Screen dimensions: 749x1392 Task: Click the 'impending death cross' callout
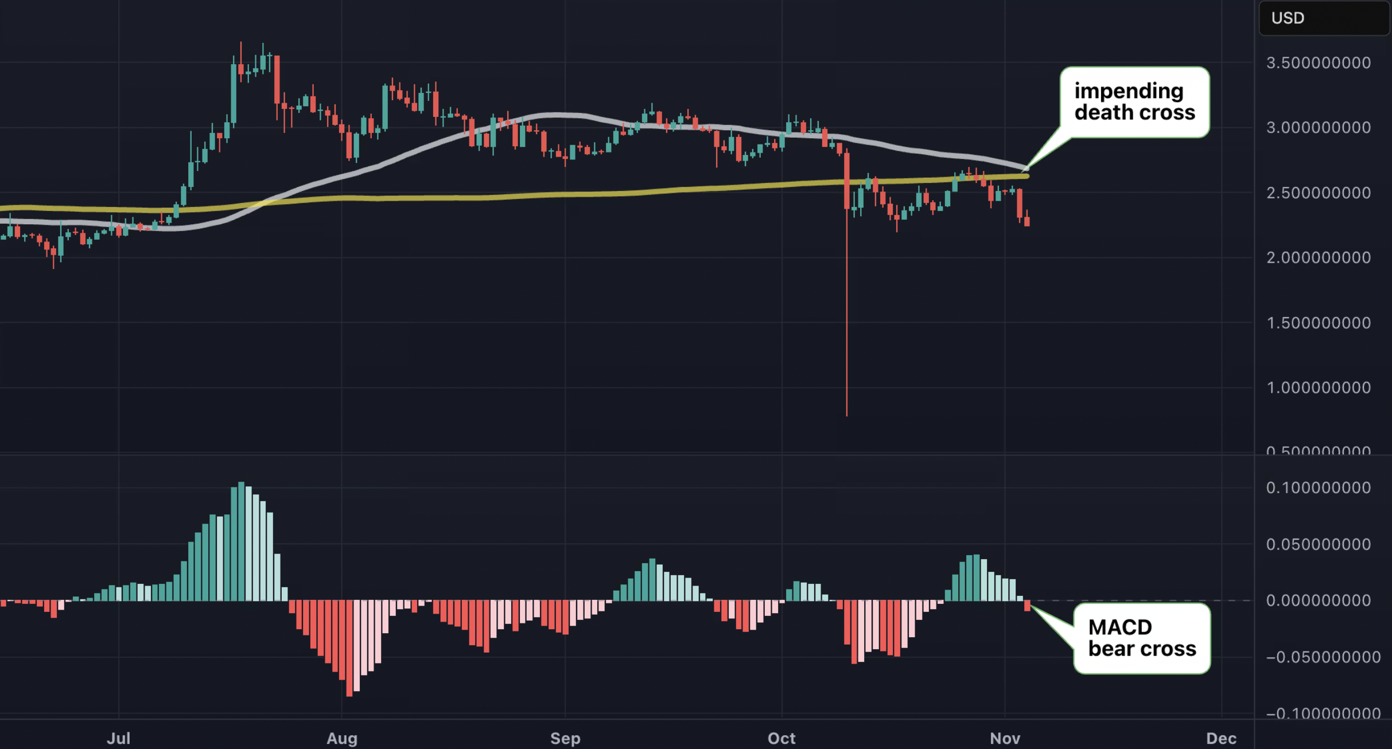coord(1134,102)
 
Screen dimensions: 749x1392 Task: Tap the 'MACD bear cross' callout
coord(1142,638)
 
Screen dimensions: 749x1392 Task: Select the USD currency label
coord(1288,18)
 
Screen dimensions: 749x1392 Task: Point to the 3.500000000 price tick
coord(1319,63)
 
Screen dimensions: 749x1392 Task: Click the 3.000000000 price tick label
coord(1319,127)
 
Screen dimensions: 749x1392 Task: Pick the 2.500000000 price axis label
coord(1319,193)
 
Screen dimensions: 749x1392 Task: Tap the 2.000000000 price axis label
coord(1319,258)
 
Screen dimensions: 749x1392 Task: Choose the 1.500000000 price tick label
coord(1319,323)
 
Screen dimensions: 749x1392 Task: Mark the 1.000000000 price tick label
coord(1319,388)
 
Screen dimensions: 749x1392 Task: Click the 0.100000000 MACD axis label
coord(1319,488)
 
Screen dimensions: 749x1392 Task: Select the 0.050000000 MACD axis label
coord(1319,544)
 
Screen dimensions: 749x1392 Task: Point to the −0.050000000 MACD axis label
coord(1323,657)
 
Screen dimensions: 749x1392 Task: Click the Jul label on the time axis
coord(119,738)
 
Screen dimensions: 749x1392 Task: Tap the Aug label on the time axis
coord(342,738)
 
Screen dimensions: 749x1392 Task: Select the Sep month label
coord(565,738)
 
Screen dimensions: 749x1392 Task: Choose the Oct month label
coord(781,738)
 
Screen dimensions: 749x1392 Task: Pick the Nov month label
coord(1005,738)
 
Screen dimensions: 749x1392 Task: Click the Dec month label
coord(1221,738)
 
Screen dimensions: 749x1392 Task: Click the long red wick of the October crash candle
coord(847,315)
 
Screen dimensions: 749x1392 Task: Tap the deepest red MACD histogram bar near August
coord(349,648)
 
